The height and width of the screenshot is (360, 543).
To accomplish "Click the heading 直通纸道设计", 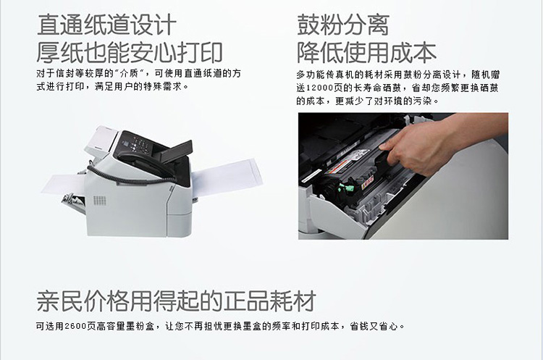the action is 106,25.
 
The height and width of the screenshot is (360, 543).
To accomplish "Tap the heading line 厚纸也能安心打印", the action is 130,53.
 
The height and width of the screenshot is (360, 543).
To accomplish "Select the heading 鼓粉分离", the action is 343,25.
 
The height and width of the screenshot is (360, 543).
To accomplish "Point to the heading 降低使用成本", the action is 366,53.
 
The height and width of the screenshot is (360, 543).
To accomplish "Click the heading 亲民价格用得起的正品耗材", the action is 176,301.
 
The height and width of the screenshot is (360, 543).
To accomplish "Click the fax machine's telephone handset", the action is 146,164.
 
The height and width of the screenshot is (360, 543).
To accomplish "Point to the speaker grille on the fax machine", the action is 100,200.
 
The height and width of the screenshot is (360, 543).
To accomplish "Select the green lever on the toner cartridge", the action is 347,188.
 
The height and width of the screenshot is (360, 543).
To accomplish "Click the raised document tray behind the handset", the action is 176,151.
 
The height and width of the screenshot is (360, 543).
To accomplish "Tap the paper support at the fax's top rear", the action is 101,138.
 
